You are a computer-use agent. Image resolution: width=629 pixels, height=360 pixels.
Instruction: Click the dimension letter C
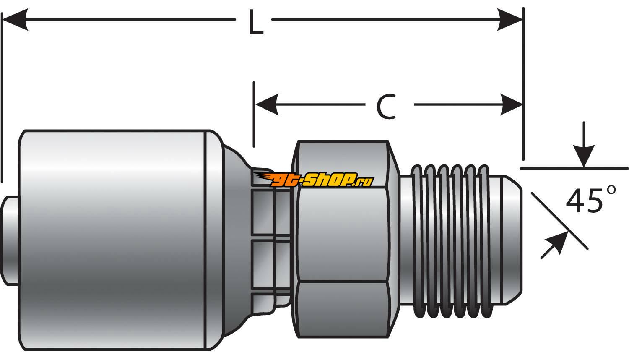click(x=386, y=107)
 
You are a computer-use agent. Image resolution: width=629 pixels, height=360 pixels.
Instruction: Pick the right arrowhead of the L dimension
click(x=509, y=19)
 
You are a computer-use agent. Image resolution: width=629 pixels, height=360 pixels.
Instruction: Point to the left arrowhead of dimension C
click(x=267, y=104)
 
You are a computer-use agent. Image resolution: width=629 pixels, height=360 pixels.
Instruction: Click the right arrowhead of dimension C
click(x=511, y=104)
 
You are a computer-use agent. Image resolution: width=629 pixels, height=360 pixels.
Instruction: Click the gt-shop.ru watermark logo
click(x=314, y=179)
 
